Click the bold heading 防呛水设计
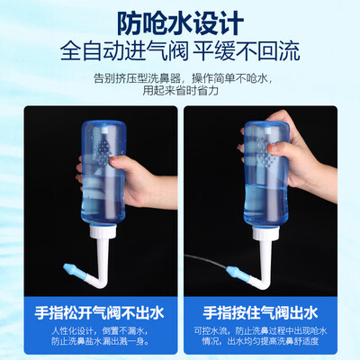pos(180,20)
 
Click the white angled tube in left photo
pos(101,252)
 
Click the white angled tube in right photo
pos(265,252)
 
